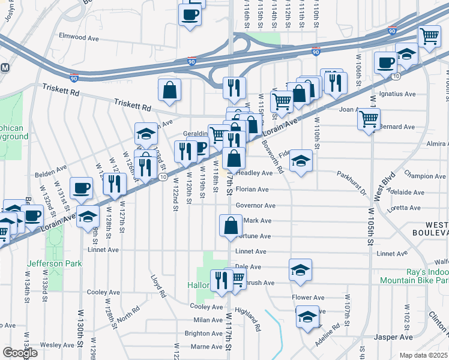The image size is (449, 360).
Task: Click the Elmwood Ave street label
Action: [79, 37]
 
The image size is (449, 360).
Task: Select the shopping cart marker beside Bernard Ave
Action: [369, 118]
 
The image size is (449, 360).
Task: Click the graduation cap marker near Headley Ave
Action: [301, 161]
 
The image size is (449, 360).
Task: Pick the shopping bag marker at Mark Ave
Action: [231, 226]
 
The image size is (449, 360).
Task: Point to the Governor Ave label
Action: [255, 206]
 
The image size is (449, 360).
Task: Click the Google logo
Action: [20, 353]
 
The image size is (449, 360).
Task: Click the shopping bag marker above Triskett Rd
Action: [170, 90]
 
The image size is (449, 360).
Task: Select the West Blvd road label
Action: [379, 191]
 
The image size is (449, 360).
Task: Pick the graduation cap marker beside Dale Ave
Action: [300, 271]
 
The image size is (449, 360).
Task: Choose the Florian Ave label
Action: [252, 190]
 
